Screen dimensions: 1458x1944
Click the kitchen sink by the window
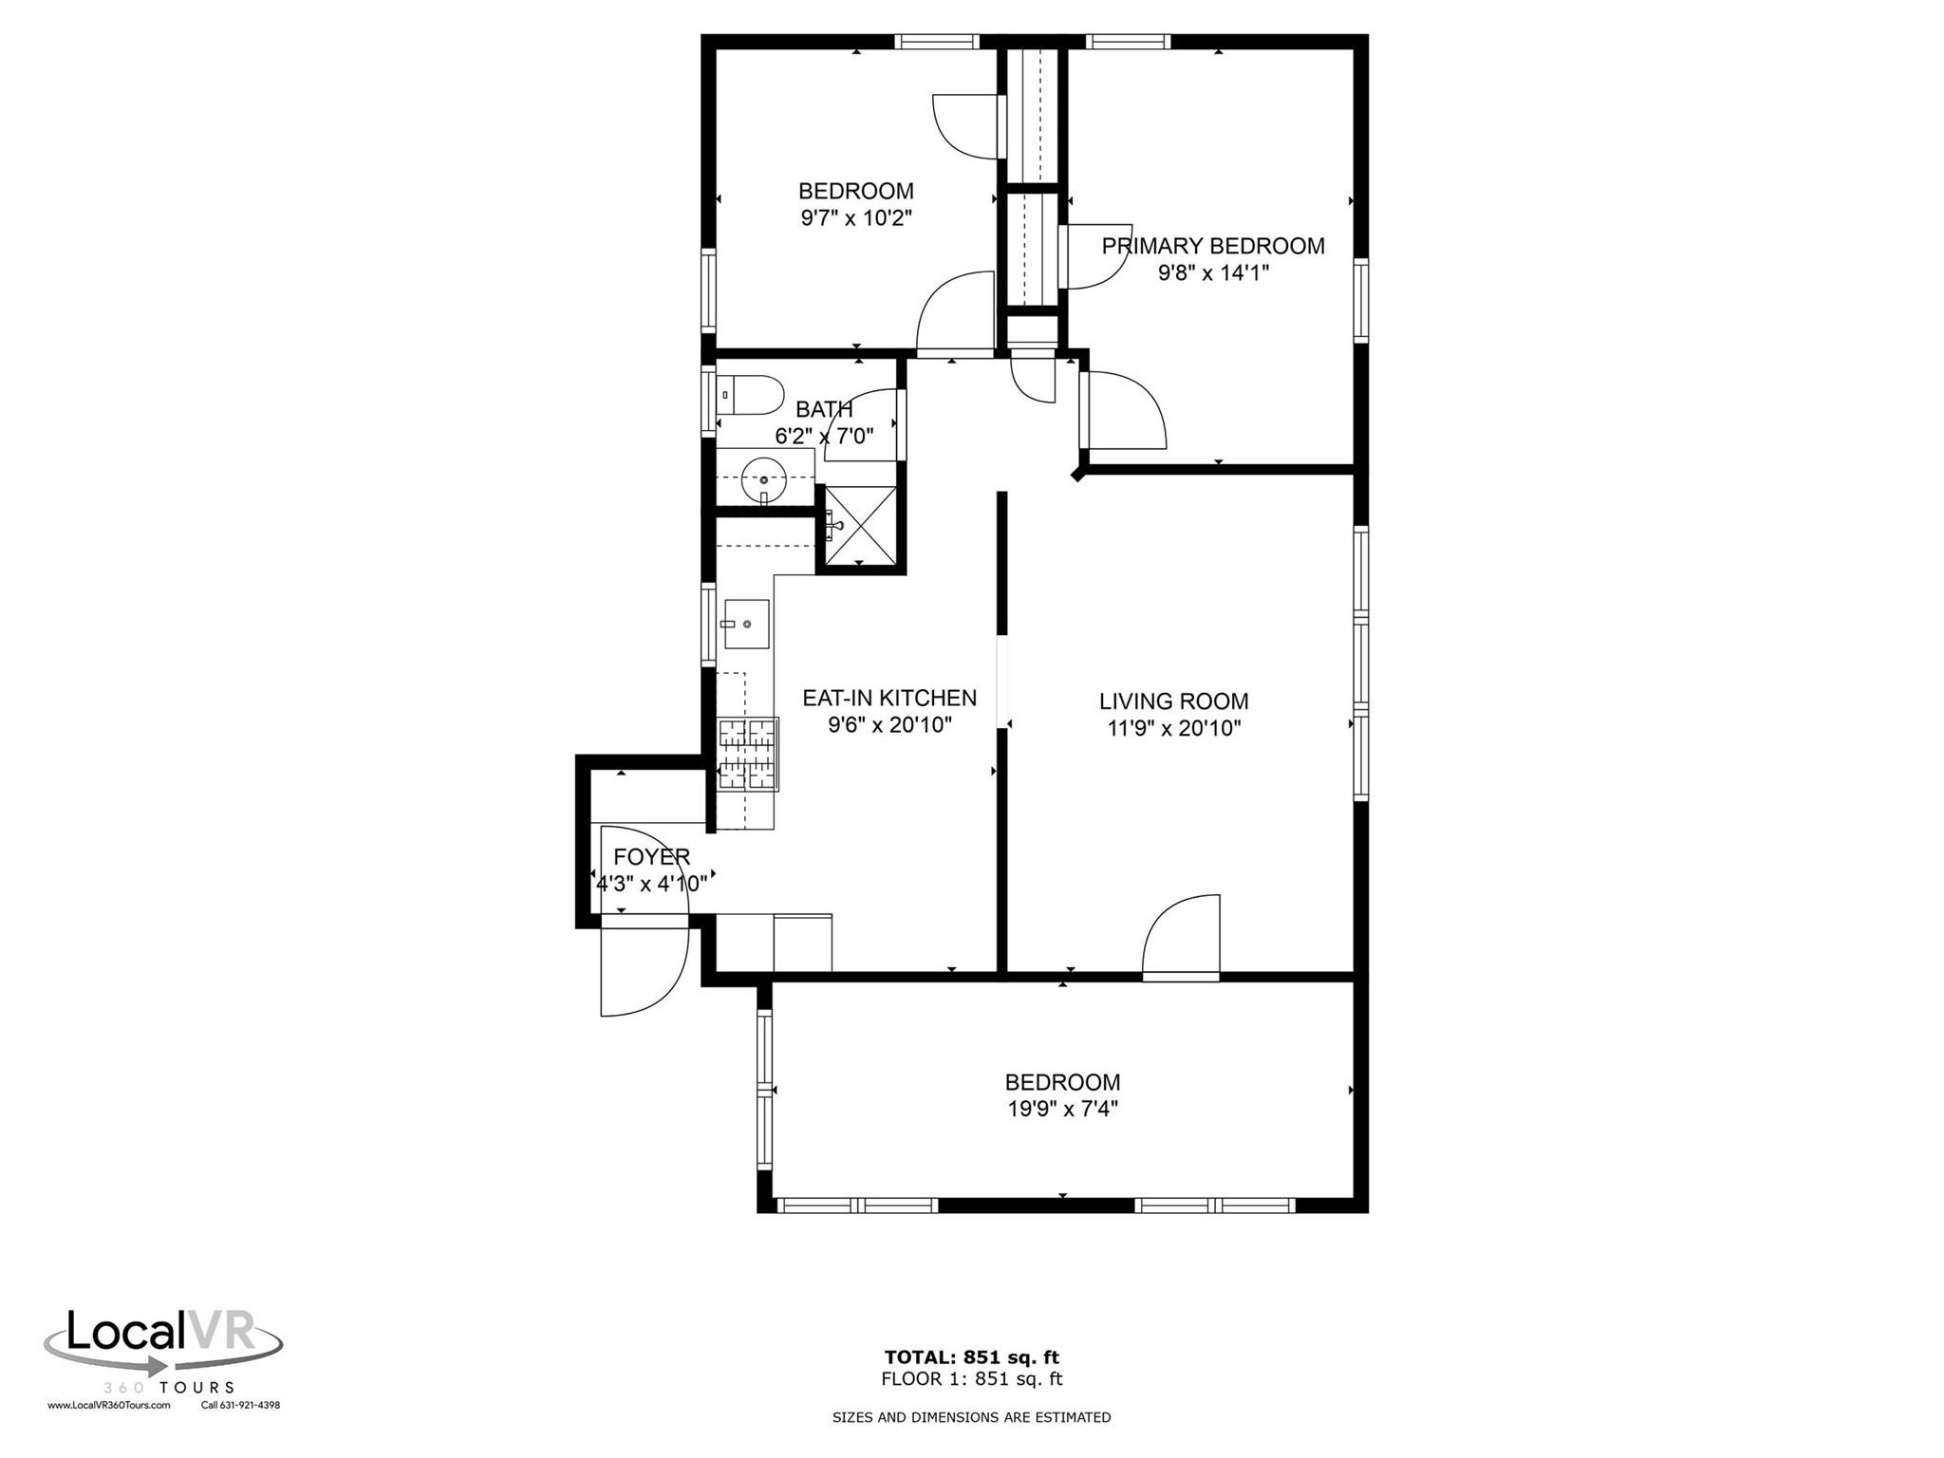pos(746,624)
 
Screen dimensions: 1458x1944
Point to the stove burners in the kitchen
pos(748,754)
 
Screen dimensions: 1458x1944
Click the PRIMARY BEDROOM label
pos(1212,246)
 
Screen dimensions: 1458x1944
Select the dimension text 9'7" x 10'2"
pos(856,218)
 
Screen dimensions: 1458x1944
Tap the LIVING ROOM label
pos(1173,701)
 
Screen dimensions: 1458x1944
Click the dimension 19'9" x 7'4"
pos(1062,1109)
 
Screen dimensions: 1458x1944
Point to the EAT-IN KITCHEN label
pos(888,698)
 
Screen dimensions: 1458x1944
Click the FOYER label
pos(651,856)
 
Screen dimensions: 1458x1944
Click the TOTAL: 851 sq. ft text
pos(971,1356)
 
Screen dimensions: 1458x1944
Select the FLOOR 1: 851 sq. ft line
pos(971,1379)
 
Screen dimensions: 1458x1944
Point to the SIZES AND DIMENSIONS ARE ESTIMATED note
pos(971,1417)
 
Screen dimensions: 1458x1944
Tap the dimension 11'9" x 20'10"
pos(1173,729)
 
